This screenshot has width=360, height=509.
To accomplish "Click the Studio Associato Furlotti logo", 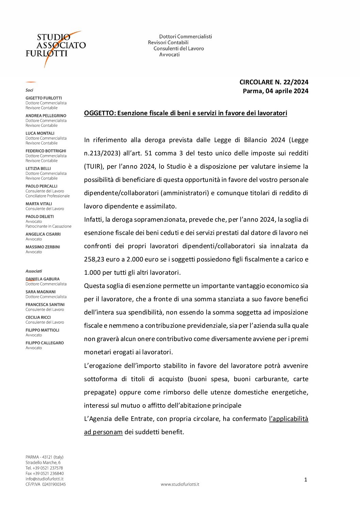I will [55, 48].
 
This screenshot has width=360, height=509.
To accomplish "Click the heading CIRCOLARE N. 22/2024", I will [274, 82].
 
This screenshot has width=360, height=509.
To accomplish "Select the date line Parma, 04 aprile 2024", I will [275, 91].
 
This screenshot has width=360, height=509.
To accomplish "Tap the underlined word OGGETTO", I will [99, 113].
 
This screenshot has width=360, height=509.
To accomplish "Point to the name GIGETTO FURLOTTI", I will [44, 98].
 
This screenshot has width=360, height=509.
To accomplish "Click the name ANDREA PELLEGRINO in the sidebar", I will [46, 116].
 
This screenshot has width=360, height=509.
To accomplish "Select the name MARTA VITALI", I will [39, 204].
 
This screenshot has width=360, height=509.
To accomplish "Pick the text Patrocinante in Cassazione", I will [48, 226].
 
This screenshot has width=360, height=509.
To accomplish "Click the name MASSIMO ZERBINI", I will [43, 247].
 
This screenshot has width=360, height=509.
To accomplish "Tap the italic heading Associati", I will [34, 271].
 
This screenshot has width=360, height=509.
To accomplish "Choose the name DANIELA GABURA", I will [43, 279].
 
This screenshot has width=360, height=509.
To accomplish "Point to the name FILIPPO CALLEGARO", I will [45, 343].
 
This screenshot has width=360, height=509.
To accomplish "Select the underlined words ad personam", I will [103, 432].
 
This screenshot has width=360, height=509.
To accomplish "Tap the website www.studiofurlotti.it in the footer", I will [180, 484].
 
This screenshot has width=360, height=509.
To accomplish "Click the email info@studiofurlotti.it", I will [44, 479].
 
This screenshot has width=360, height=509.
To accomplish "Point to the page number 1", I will [306, 480].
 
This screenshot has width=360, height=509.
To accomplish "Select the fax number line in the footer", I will [45, 473].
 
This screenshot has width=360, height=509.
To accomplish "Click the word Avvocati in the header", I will [169, 54].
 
